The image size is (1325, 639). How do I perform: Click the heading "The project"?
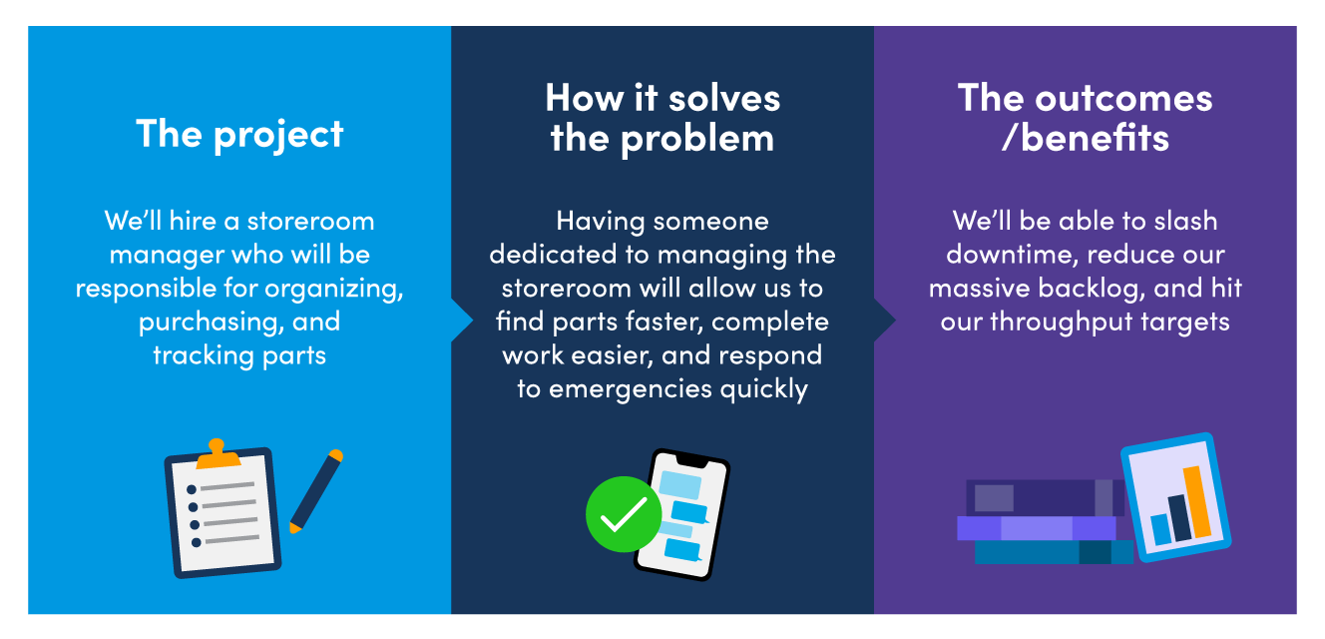point(239,133)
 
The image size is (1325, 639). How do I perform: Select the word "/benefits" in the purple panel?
point(1086,137)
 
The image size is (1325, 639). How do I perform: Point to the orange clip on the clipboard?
point(219,455)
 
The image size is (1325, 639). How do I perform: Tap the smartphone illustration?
point(682,514)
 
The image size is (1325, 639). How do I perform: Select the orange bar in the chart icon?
point(1196,500)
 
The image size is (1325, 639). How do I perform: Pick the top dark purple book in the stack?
point(1038,497)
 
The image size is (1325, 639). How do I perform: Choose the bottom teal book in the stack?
point(1048,552)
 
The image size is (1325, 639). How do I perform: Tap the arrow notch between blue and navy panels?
point(462,319)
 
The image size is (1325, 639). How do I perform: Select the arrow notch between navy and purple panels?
point(885,319)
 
